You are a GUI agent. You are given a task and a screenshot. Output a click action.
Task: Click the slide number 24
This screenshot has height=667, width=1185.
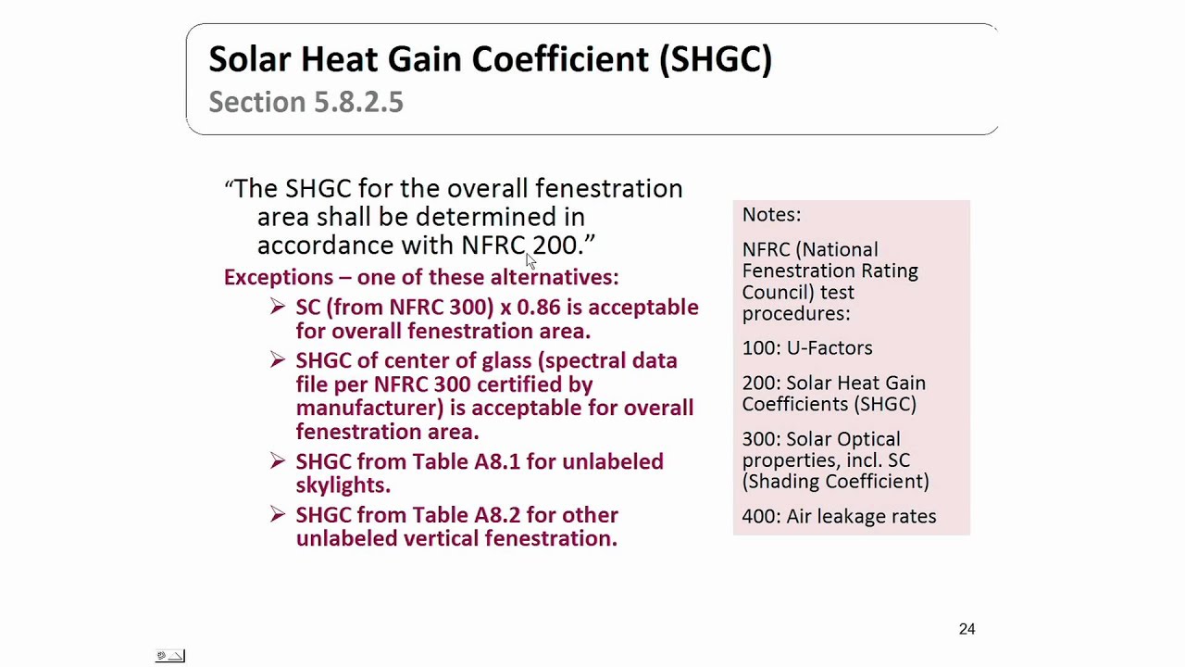[967, 629]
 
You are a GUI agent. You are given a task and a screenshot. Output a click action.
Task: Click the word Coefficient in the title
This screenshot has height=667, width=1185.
[560, 59]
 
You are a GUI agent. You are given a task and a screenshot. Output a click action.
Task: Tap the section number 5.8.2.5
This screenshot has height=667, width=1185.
[358, 102]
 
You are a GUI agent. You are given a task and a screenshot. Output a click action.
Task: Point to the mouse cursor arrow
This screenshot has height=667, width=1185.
[530, 261]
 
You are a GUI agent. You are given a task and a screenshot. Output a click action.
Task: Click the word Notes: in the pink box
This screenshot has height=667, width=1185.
[771, 215]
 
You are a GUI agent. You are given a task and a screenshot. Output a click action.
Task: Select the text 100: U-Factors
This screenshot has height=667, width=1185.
[806, 348]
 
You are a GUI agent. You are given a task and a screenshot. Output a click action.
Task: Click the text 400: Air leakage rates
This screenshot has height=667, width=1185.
[839, 517]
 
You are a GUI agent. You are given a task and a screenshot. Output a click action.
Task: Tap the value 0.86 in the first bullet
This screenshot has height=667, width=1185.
[538, 308]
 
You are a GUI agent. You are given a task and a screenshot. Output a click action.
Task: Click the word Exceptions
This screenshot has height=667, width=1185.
[278, 277]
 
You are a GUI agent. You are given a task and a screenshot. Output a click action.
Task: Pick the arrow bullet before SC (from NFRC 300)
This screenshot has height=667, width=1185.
[278, 307]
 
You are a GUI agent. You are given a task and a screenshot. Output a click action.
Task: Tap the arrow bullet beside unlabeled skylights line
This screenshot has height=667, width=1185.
[278, 460]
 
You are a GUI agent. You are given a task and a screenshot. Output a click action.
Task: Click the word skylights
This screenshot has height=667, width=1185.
[343, 485]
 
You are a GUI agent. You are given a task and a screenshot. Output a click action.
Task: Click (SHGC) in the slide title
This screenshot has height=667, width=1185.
[715, 59]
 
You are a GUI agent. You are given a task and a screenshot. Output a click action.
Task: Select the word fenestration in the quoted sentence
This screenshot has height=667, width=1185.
[608, 189]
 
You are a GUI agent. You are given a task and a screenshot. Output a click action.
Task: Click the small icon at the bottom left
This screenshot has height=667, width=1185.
[170, 656]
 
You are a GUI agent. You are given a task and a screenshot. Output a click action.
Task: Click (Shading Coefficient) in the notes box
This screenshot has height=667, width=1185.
[835, 482]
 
